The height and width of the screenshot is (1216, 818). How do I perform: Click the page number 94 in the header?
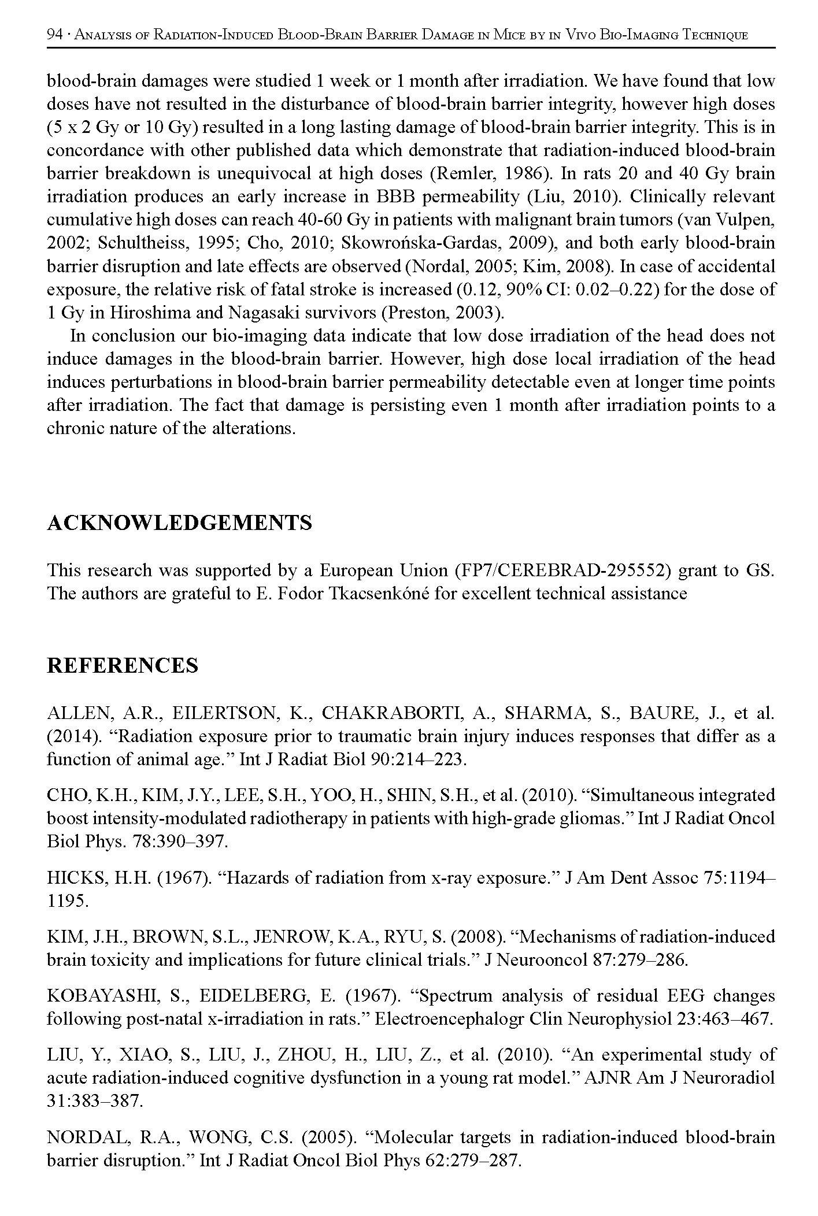click(x=54, y=35)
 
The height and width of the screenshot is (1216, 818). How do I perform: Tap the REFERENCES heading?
click(x=122, y=665)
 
